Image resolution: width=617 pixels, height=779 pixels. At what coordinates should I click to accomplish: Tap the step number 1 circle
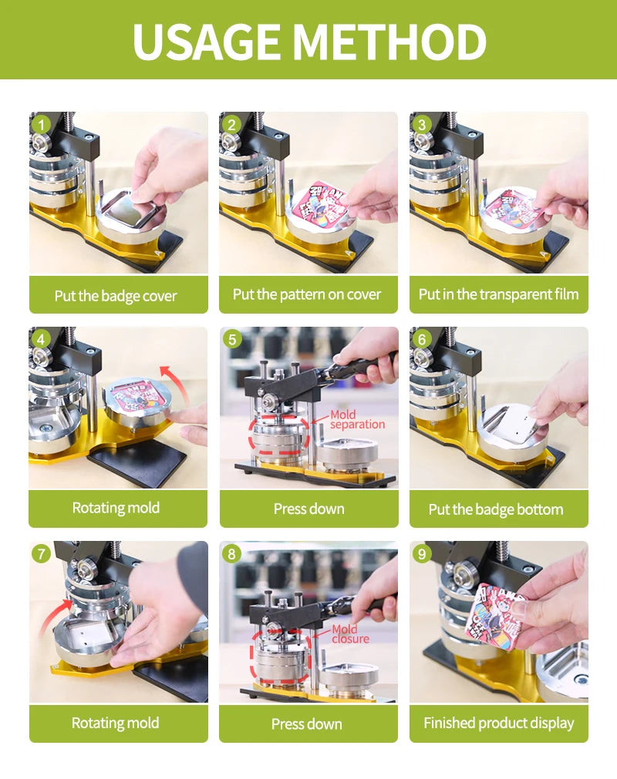pyautogui.click(x=42, y=124)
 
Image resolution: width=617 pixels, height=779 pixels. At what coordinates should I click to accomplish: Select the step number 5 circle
pyautogui.click(x=232, y=339)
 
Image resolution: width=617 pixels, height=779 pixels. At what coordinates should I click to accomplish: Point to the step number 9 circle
pyautogui.click(x=422, y=553)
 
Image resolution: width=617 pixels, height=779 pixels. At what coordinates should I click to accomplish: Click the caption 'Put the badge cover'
pyautogui.click(x=116, y=296)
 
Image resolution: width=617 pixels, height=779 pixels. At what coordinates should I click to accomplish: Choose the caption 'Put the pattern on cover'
pyautogui.click(x=307, y=294)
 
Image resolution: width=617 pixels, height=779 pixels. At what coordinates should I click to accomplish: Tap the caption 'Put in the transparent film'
pyautogui.click(x=498, y=294)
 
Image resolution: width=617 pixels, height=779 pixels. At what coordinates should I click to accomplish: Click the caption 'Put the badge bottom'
pyautogui.click(x=496, y=509)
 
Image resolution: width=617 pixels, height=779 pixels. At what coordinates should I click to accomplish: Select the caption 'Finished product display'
pyautogui.click(x=498, y=723)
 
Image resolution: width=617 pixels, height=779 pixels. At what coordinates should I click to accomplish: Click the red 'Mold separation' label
pyautogui.click(x=356, y=420)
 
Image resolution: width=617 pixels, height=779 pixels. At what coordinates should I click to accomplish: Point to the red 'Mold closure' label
pyautogui.click(x=350, y=634)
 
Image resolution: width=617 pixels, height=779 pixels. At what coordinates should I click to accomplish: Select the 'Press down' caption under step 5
pyautogui.click(x=308, y=509)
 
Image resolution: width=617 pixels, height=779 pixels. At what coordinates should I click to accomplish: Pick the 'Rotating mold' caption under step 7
pyautogui.click(x=116, y=723)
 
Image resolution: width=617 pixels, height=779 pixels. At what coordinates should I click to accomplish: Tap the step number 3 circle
pyautogui.click(x=422, y=124)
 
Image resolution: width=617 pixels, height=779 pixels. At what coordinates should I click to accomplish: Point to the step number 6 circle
pyautogui.click(x=422, y=339)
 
